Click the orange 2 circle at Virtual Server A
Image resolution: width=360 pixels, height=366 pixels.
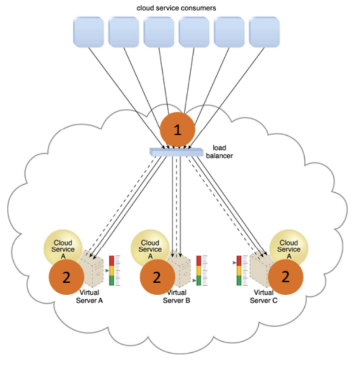66,277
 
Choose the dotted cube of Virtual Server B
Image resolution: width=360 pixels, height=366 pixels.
182,269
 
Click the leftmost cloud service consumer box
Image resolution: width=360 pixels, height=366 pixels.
89,31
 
